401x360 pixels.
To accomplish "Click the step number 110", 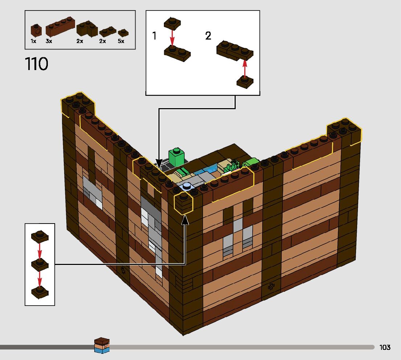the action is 37,64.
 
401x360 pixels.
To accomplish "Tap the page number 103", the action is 385,347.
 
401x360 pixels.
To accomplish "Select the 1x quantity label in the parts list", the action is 33,41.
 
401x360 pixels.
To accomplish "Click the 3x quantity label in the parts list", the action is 49,41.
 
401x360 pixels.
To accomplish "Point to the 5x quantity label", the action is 121,41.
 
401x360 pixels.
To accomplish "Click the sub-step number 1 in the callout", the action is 154,36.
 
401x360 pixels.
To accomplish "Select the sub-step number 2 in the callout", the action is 208,36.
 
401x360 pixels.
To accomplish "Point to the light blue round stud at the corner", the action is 187,187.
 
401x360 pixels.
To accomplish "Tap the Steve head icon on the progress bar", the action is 102,345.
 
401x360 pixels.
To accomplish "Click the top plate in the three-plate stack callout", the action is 40,236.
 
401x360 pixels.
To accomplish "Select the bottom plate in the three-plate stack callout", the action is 40,291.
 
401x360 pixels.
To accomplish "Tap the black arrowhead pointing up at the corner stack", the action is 185,219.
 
